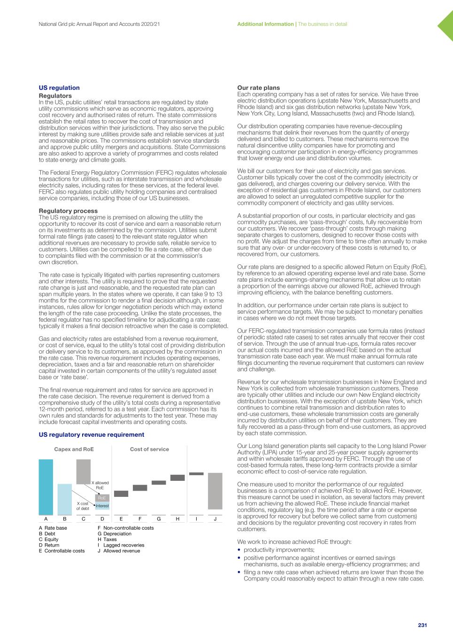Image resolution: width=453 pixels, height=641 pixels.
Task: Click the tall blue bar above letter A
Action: click(x=46, y=487)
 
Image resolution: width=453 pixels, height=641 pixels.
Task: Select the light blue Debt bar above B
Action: click(x=64, y=499)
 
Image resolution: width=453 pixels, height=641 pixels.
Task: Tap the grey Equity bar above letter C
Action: click(x=83, y=471)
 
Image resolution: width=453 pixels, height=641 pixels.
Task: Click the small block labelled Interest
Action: click(x=102, y=506)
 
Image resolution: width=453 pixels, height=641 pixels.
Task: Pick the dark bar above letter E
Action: click(x=121, y=494)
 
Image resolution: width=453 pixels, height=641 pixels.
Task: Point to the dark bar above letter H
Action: click(x=177, y=478)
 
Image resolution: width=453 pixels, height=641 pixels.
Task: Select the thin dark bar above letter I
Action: click(x=196, y=474)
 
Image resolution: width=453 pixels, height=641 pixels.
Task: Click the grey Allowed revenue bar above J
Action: click(x=215, y=491)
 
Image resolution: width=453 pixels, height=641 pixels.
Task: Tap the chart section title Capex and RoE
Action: click(x=74, y=449)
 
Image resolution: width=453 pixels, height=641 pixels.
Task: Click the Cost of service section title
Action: click(x=149, y=449)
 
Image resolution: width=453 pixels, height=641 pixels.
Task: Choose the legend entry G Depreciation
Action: click(x=115, y=534)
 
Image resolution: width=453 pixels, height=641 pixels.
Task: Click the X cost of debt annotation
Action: click(x=83, y=506)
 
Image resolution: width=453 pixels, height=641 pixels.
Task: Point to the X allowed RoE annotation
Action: click(x=100, y=485)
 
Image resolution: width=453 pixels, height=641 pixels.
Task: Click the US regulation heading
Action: click(x=59, y=88)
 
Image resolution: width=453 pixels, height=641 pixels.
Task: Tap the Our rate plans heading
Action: click(x=258, y=88)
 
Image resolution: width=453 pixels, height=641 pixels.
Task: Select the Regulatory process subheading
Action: click(x=68, y=211)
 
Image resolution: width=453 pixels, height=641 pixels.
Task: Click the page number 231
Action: click(x=422, y=626)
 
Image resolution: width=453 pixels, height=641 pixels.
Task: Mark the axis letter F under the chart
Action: click(x=140, y=519)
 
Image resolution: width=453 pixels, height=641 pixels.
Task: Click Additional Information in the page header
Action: click(x=265, y=24)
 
